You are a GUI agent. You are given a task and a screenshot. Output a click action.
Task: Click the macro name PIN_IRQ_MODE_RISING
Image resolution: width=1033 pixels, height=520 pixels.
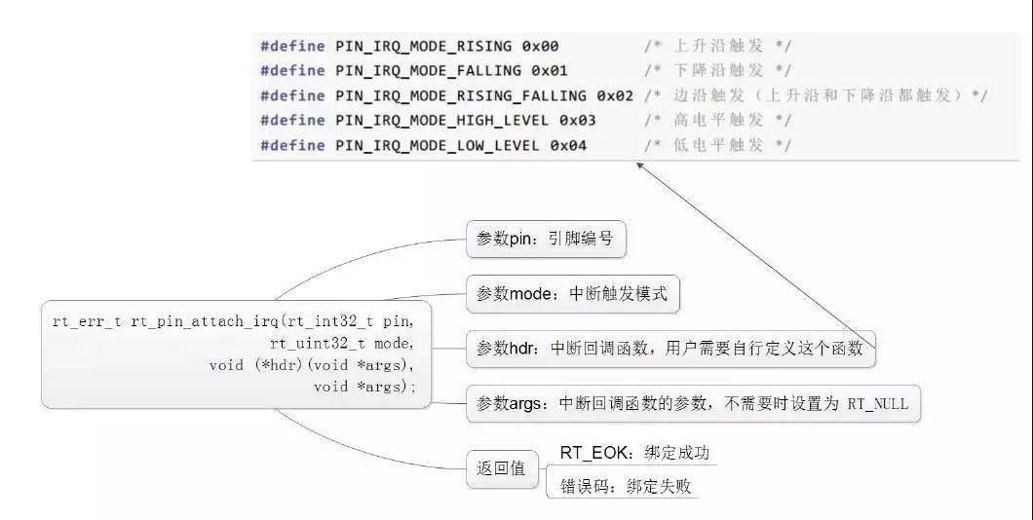tap(424, 46)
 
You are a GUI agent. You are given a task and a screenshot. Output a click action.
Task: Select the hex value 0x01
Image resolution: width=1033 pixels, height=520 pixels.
tap(550, 70)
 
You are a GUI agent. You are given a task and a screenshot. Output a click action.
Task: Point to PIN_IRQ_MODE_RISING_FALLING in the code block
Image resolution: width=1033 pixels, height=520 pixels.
tap(461, 96)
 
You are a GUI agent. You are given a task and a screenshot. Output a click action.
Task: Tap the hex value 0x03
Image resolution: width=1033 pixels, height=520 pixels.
tap(578, 121)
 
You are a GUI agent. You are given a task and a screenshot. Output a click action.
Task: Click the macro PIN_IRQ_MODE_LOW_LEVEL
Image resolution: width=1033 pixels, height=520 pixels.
tap(438, 145)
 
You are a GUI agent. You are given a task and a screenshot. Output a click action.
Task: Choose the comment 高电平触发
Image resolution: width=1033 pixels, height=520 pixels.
tap(718, 121)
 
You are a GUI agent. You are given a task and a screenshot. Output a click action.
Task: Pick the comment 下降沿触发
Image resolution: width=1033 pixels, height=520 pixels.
tap(718, 70)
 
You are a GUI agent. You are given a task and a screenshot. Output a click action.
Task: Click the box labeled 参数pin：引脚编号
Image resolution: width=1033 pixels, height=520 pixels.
tap(546, 239)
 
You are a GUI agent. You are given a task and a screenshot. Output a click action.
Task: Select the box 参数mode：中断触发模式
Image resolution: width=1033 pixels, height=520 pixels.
tap(572, 293)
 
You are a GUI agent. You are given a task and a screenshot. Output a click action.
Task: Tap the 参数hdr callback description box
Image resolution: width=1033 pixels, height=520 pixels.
tap(670, 349)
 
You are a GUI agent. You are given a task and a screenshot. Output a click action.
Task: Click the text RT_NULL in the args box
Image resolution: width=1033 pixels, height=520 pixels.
tap(877, 403)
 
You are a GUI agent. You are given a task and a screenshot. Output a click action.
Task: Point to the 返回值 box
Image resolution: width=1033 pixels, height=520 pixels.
tap(502, 468)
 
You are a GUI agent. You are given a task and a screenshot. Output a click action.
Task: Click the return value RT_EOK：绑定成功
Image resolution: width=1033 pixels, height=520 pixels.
tap(634, 452)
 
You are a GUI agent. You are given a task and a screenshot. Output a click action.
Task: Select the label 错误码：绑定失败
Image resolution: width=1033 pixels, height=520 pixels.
tap(626, 487)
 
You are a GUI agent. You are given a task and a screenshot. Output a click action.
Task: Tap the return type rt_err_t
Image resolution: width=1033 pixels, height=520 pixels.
tap(87, 322)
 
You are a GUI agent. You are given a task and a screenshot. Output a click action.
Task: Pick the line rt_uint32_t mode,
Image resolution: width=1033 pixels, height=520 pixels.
tap(342, 344)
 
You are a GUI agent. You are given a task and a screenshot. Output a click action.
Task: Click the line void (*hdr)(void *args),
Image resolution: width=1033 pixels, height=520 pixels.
tap(312, 365)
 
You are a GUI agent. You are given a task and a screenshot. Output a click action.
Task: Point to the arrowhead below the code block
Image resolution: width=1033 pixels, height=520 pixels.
tap(639, 166)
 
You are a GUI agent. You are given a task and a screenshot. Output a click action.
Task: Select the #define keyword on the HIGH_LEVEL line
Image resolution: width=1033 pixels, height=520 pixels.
tap(292, 121)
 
